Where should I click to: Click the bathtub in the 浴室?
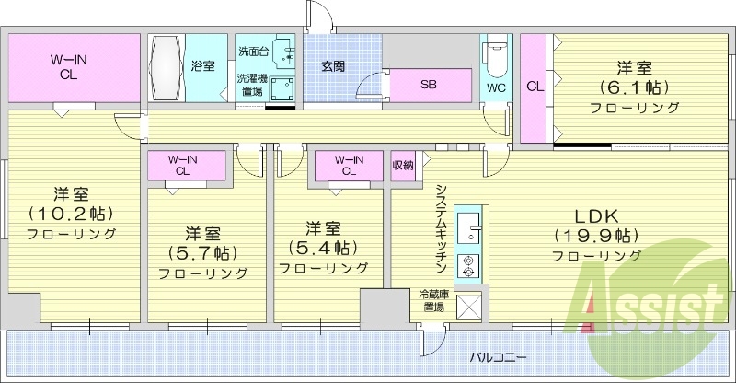coord(167,68)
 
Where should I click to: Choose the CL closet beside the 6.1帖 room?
coord(534,87)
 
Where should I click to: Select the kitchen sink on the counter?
coord(467,226)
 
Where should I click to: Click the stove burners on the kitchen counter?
coord(467,263)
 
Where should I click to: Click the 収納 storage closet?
coord(403,166)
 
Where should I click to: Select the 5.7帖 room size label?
coord(202,252)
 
